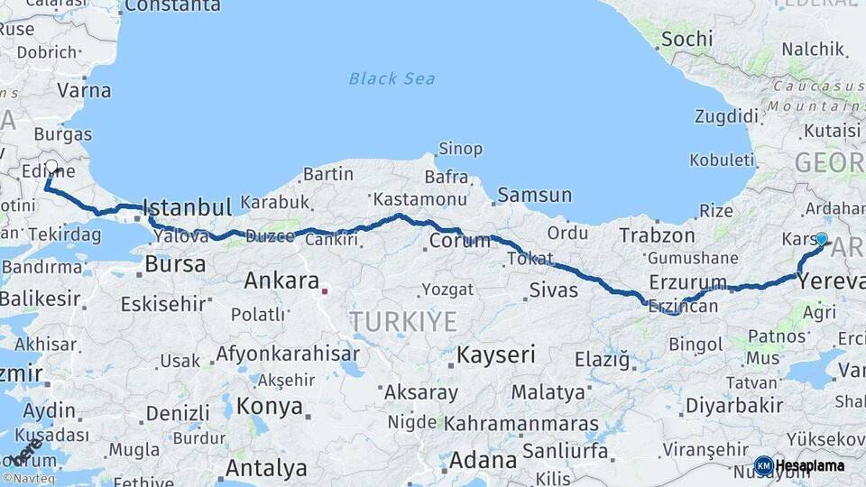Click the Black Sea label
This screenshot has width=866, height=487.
click(392, 78)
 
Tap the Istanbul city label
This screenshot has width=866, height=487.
click(187, 207)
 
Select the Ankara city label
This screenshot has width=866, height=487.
click(281, 280)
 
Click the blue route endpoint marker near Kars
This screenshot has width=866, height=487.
click(821, 239)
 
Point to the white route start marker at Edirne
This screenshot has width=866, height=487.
click(51, 167)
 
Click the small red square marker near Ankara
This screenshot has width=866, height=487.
click(325, 290)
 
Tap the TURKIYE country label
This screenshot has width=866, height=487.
click(403, 321)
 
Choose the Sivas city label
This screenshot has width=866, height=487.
click(553, 290)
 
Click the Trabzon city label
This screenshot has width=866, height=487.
click(657, 235)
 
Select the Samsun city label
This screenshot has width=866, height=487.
click(534, 194)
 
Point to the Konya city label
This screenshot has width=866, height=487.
click(269, 406)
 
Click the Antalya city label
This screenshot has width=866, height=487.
click(265, 468)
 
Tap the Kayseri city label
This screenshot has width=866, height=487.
click(496, 354)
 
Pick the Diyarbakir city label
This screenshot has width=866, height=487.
click(733, 405)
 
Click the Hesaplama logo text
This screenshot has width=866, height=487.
click(809, 465)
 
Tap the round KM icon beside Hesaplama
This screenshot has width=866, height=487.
click(763, 465)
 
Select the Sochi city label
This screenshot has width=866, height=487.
click(686, 39)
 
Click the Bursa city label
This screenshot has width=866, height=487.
click(175, 264)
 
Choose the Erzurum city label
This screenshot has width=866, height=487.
click(687, 283)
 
